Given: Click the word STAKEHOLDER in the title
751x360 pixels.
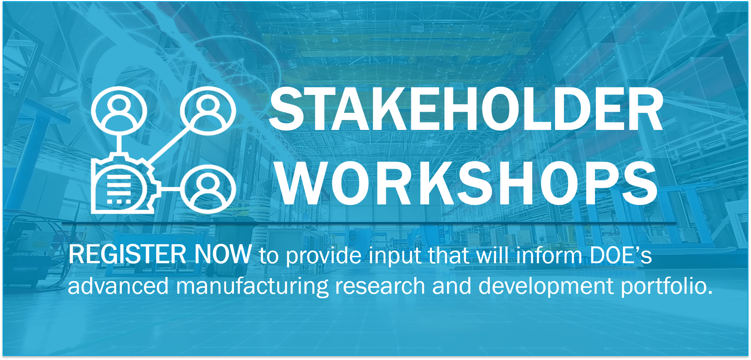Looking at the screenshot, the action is (x=466, y=109).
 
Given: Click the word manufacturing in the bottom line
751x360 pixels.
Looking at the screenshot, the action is (x=252, y=286).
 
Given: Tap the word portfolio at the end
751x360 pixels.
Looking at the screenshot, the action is (x=667, y=286).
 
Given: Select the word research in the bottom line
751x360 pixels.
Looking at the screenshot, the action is (x=380, y=286).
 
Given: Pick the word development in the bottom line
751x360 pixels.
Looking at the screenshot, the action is (x=546, y=286).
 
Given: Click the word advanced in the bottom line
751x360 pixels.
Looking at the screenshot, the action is (x=118, y=286).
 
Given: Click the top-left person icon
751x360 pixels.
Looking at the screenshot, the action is (x=119, y=111).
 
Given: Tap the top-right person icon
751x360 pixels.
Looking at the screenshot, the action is (x=208, y=111).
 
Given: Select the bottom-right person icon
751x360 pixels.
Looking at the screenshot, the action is (x=208, y=189).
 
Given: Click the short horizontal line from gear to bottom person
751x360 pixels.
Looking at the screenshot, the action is (x=171, y=189).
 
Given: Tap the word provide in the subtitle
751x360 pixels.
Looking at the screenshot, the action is (x=323, y=257).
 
